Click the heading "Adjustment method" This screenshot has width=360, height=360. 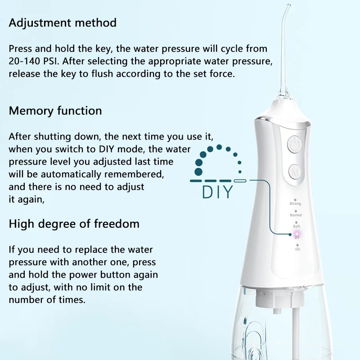(63, 23)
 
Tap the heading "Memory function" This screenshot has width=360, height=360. (55, 111)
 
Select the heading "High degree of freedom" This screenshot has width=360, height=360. (74, 224)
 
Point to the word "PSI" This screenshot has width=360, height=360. (51, 61)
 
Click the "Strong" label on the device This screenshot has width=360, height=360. (295, 203)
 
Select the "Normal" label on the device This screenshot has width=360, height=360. (296, 215)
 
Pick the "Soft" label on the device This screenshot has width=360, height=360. (297, 226)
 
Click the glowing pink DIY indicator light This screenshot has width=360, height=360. (297, 234)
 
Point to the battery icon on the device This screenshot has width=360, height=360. (297, 249)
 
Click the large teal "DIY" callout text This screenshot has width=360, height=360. (218, 192)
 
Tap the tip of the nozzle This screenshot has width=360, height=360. (289, 4)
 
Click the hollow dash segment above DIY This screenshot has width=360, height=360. (240, 181)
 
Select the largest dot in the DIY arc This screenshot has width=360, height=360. (198, 172)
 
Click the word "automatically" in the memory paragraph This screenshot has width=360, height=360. (71, 174)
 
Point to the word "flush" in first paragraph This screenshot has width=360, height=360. (102, 74)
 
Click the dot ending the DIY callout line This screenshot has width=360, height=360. (290, 234)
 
